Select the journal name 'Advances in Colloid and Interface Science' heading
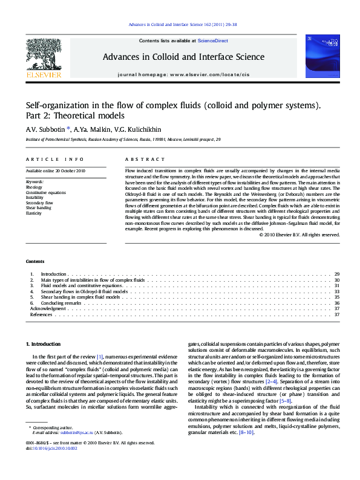point(183,57)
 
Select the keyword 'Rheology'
point(34,187)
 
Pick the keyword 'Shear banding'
point(38,208)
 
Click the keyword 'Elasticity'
point(34,213)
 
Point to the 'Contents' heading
point(34,261)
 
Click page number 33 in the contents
point(336,291)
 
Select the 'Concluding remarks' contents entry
point(62,303)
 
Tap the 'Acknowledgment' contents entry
point(48,308)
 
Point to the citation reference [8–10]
point(246,433)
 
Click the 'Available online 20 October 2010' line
point(55,171)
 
